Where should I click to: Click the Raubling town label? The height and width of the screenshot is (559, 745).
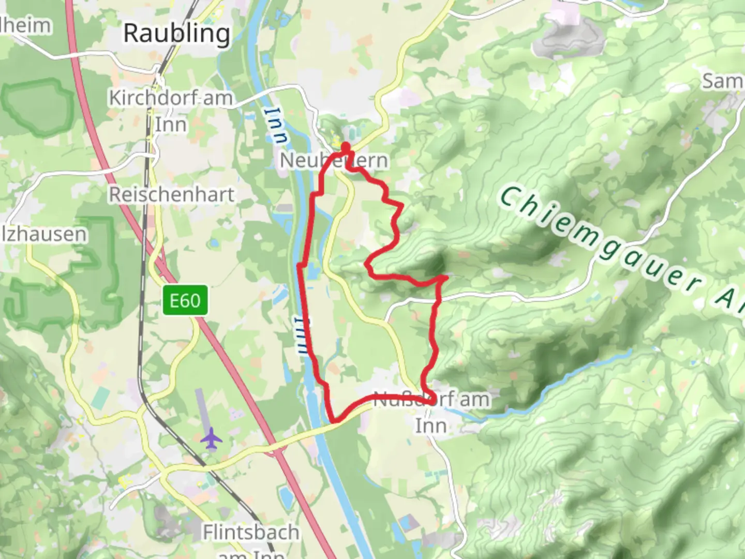[176, 34]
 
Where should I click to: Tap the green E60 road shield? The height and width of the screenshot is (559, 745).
[185, 300]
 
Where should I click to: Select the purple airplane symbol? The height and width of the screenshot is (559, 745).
[211, 438]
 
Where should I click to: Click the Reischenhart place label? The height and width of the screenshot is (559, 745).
[171, 195]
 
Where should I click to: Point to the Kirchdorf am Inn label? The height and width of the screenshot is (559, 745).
[171, 111]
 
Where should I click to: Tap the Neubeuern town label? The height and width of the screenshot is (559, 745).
[334, 160]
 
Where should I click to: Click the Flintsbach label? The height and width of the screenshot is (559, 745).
[251, 532]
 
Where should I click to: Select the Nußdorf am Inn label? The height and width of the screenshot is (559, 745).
[431, 413]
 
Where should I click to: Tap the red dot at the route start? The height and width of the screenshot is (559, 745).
[345, 148]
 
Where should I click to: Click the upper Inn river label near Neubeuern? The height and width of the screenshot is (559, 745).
[278, 125]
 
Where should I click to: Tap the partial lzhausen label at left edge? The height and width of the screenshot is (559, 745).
[43, 234]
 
